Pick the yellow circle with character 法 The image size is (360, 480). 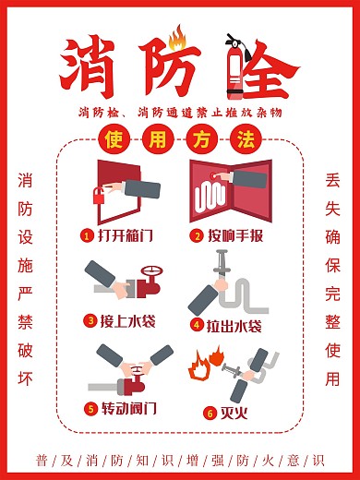click(x=244, y=141)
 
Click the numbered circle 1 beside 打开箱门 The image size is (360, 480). click(x=86, y=235)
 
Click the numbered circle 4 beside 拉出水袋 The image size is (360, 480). click(x=197, y=324)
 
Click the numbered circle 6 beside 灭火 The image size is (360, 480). click(x=210, y=412)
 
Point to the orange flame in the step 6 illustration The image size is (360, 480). click(x=198, y=366)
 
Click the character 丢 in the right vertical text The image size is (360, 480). click(x=333, y=182)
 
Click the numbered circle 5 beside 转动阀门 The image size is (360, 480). click(x=90, y=408)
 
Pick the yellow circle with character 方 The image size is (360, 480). click(x=200, y=141)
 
